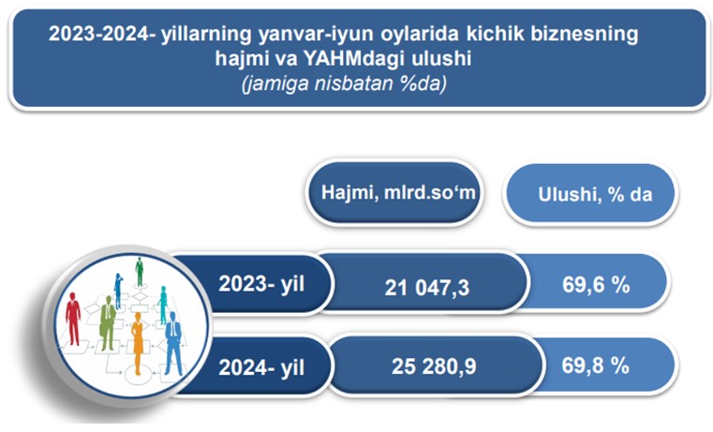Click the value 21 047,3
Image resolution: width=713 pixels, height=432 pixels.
tap(426, 288)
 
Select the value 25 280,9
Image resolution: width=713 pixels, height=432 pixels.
tap(434, 366)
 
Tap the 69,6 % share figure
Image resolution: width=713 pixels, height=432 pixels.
tap(596, 285)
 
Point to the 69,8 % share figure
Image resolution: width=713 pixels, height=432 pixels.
tap(595, 365)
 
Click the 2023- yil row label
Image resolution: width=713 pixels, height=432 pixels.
tap(261, 284)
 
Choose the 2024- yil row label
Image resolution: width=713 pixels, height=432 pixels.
tap(261, 367)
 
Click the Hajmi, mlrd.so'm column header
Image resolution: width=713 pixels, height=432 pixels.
tap(398, 192)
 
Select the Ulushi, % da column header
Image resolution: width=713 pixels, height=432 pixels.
tap(595, 195)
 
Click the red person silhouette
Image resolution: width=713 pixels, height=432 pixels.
tap(73, 319)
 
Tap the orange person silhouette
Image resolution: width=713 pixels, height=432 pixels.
tap(137, 343)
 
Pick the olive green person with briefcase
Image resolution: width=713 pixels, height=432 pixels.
tap(108, 323)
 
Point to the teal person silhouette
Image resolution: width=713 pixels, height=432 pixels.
tap(163, 305)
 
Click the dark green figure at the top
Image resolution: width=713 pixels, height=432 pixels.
tap(140, 272)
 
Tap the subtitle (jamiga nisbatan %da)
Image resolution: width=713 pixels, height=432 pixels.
tap(344, 83)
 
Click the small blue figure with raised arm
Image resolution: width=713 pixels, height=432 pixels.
tap(118, 291)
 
